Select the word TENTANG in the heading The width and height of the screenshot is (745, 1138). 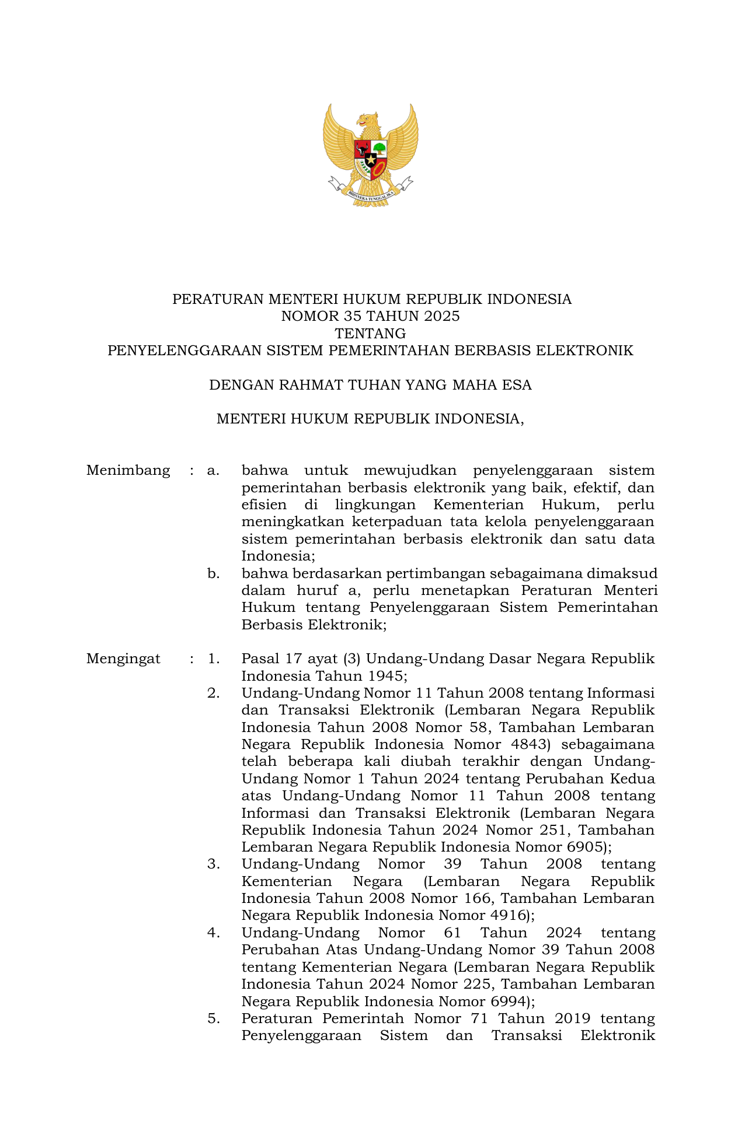click(370, 334)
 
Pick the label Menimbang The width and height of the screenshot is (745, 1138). click(128, 470)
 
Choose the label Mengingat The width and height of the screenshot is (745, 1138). click(123, 659)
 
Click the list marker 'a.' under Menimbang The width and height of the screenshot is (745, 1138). click(213, 470)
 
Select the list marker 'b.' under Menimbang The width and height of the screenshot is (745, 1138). click(213, 573)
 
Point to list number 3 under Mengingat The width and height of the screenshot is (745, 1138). click(213, 864)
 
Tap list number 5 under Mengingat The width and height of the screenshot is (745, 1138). click(213, 1018)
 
